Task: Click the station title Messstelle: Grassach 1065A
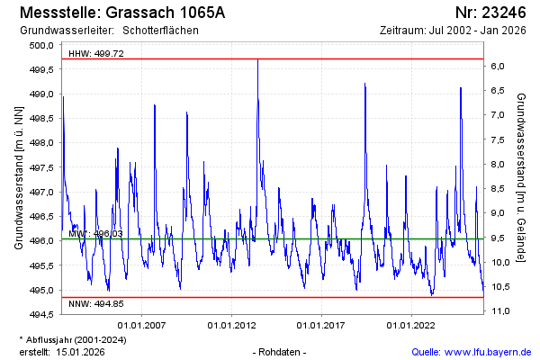(x=121, y=13)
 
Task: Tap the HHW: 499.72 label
(x=96, y=54)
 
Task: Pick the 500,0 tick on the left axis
(x=41, y=45)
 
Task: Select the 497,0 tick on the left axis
(x=41, y=192)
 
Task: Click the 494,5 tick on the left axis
(x=41, y=315)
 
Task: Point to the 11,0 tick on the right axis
(x=499, y=310)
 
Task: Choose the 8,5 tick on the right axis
(x=499, y=189)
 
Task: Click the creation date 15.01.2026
(x=81, y=351)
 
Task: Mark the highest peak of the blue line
(x=257, y=60)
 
